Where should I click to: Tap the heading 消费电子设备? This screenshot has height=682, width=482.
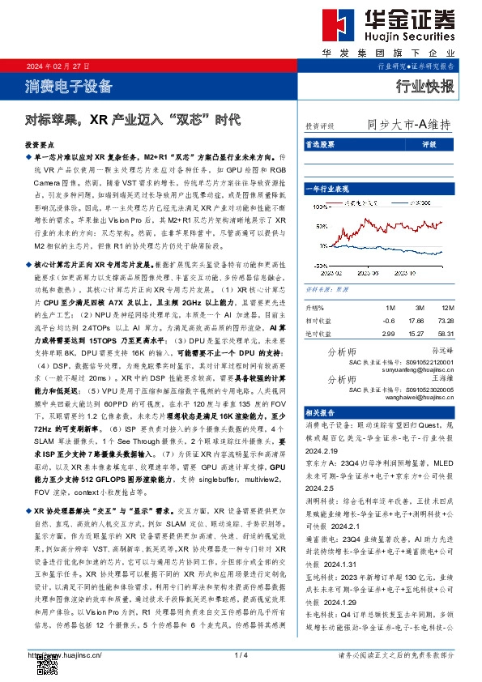pos(68,87)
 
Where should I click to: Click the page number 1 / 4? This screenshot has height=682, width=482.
pos(240,654)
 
